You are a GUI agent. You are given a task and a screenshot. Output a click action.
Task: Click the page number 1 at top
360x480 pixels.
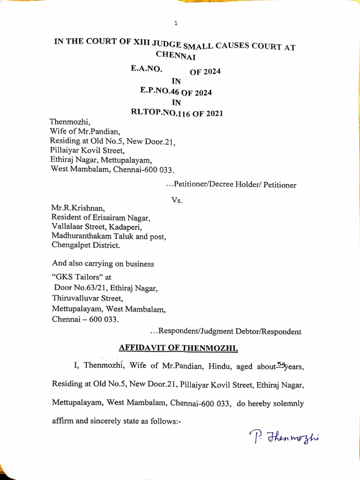(x=175, y=23)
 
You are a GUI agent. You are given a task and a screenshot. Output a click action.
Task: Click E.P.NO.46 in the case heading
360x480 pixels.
(x=161, y=91)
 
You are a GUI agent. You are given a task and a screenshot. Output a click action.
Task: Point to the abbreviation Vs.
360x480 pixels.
(x=176, y=200)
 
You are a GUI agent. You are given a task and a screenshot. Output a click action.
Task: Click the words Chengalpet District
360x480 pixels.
(x=85, y=246)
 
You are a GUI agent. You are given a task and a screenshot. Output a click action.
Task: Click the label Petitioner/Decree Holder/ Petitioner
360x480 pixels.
(x=232, y=185)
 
